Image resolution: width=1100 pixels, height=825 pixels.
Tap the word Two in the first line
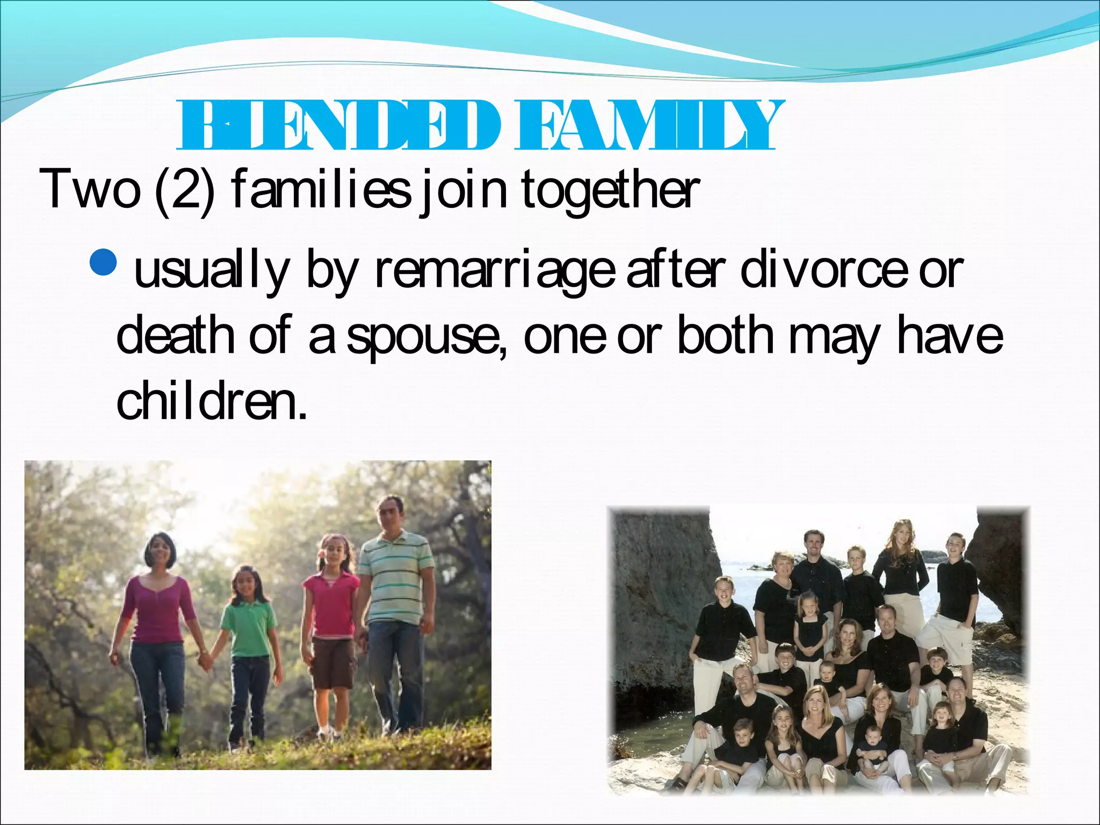click(x=89, y=189)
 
